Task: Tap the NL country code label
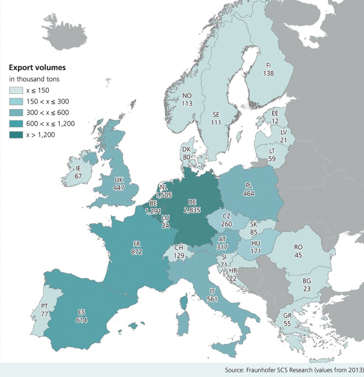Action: [x=163, y=188]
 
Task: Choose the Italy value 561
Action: [x=213, y=299]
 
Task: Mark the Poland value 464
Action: [x=249, y=194]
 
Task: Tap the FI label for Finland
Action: [x=269, y=66]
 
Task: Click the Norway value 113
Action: [x=187, y=103]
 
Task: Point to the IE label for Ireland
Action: [x=78, y=169]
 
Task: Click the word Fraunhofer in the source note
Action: [x=262, y=370]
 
